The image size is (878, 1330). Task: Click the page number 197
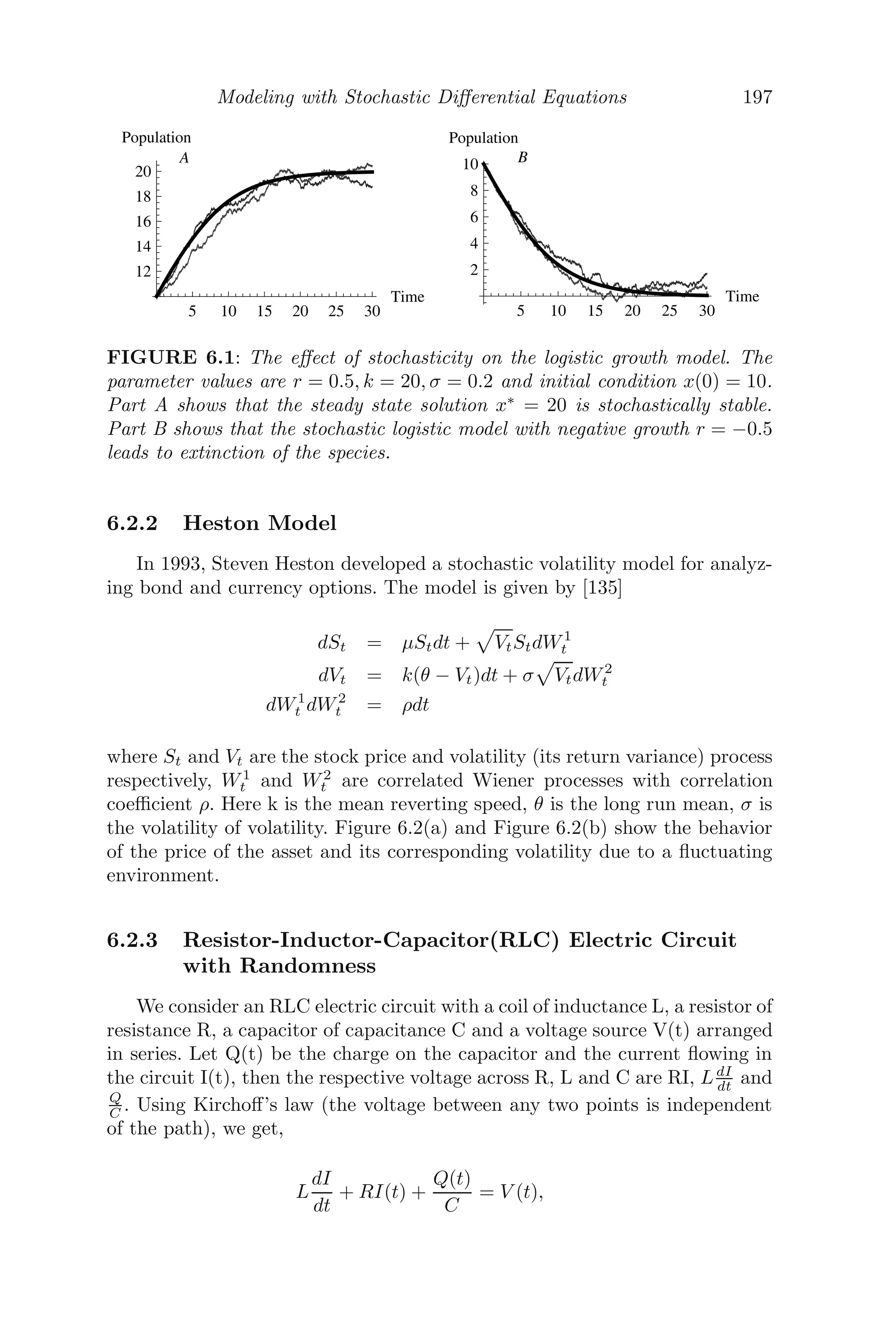757,97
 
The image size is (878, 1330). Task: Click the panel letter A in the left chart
183,159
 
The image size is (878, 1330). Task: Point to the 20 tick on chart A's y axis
143,172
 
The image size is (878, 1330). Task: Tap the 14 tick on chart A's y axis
143,246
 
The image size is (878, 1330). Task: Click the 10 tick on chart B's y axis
470,165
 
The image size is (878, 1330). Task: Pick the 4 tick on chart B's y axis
474,244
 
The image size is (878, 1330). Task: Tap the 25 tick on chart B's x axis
669,311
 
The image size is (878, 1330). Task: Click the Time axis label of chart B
743,296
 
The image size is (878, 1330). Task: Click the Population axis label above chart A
156,138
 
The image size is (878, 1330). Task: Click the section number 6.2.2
132,523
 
